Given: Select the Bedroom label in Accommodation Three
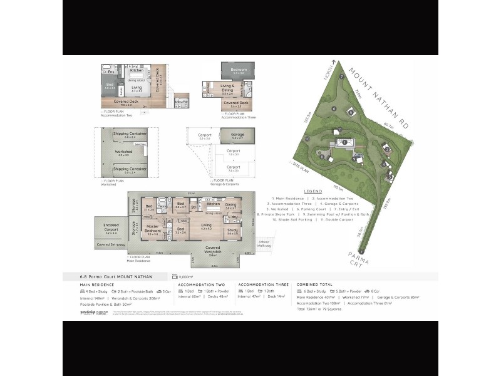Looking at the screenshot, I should point(239,70).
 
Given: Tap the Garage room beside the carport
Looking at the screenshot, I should point(238,134).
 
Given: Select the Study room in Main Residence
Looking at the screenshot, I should point(232,231).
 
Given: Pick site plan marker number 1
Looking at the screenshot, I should point(344,142).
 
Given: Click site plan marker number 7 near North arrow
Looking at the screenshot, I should point(341,76).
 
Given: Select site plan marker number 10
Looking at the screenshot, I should point(307,138).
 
